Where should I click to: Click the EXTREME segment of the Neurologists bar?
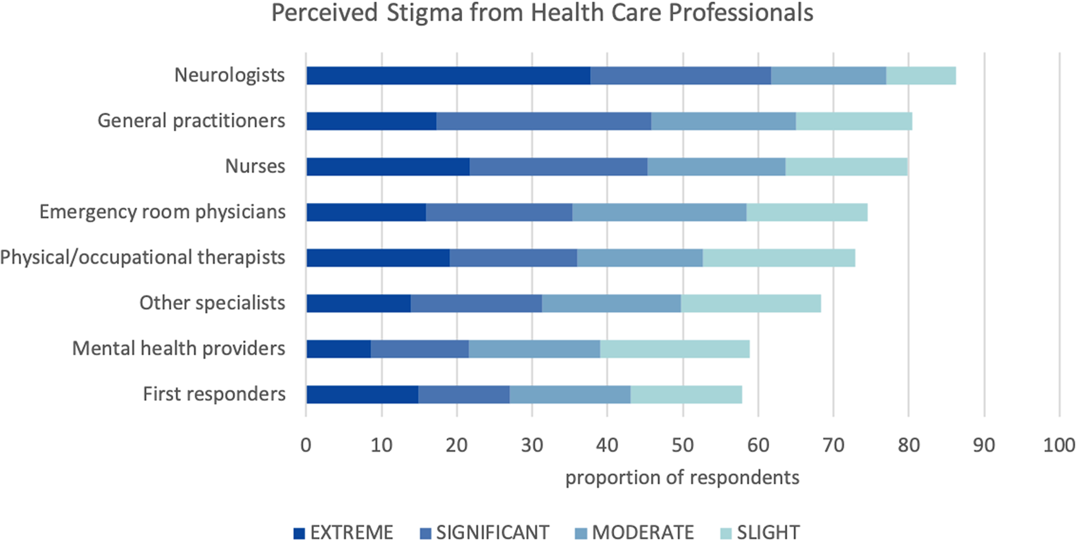[448, 75]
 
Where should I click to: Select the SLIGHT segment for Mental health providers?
[674, 348]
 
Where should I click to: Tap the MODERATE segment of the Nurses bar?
[716, 166]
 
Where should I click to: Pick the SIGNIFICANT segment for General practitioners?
[543, 121]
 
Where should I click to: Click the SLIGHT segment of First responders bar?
[686, 394]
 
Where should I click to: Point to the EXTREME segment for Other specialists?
[358, 303]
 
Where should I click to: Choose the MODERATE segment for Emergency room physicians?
[659, 212]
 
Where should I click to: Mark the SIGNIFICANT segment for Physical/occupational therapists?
[513, 257]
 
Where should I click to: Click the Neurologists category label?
[229, 75]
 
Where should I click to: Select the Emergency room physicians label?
[162, 212]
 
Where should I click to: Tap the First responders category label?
[214, 394]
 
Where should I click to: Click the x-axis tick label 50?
[683, 445]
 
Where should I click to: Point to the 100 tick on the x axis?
[1059, 445]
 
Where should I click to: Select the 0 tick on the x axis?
[306, 445]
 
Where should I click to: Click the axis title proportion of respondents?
[682, 477]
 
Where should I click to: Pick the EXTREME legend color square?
[299, 533]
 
